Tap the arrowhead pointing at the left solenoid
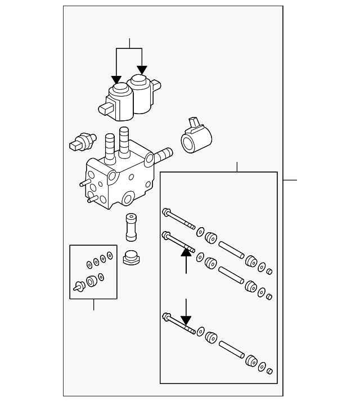pos(116,78)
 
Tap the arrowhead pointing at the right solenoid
pos(142,69)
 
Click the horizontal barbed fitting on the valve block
pos(163,152)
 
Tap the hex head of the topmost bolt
pos(166,213)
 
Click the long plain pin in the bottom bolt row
pos(231,349)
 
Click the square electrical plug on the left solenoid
pos(106,108)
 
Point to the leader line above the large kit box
pos(237,167)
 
